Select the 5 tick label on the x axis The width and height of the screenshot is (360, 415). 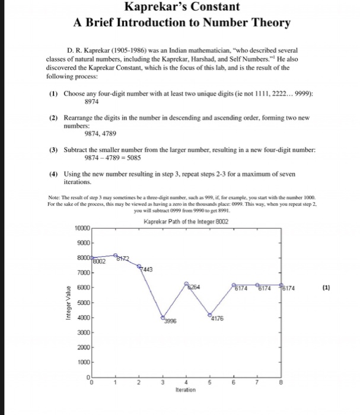pyautogui.click(x=209, y=384)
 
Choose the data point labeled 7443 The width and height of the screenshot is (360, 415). pyautogui.click(x=139, y=267)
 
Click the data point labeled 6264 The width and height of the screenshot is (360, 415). pyautogui.click(x=186, y=284)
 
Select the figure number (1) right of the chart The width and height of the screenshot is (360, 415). pyautogui.click(x=326, y=289)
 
